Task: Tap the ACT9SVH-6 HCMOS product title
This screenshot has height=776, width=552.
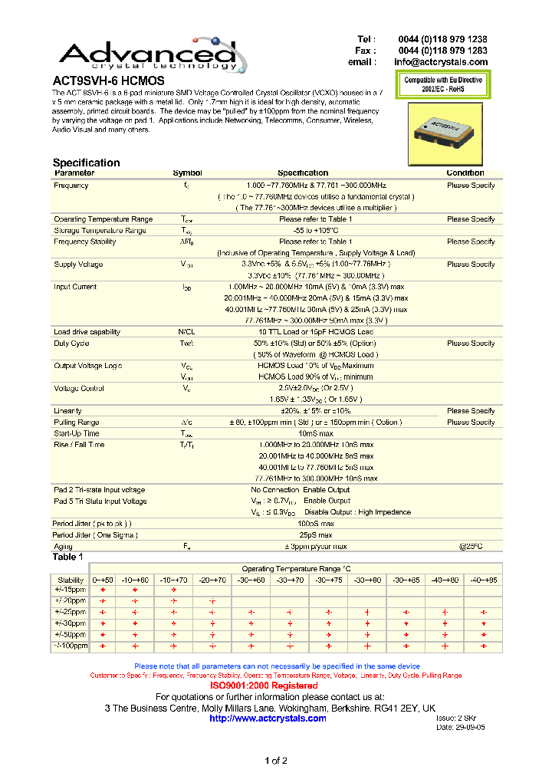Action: click(x=108, y=80)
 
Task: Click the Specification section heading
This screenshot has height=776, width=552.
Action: click(x=86, y=163)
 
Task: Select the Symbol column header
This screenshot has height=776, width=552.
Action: click(x=187, y=173)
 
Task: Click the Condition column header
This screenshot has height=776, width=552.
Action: click(x=465, y=173)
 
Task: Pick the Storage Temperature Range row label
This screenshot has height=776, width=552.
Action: click(x=100, y=231)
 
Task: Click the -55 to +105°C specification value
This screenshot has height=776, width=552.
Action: click(x=302, y=231)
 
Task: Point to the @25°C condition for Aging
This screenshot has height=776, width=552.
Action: click(x=471, y=546)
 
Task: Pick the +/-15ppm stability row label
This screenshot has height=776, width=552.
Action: click(x=71, y=590)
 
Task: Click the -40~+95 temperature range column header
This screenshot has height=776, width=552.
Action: click(x=482, y=580)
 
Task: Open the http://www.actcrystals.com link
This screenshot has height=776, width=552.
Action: click(x=268, y=718)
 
